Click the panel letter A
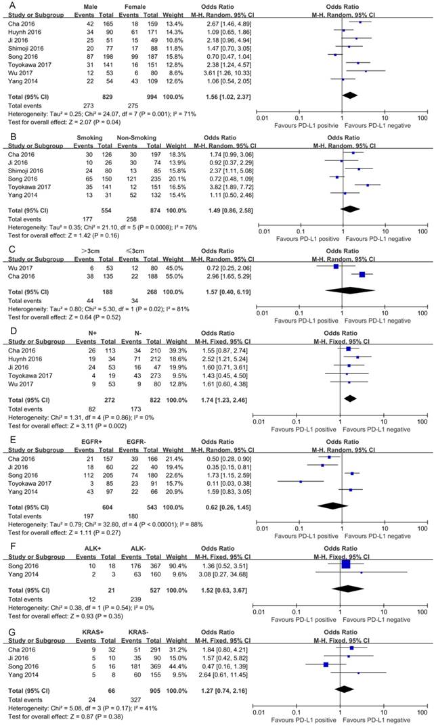click(6, 5)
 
